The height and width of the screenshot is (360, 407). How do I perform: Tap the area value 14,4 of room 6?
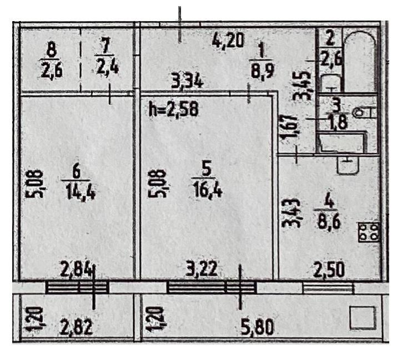(81, 192)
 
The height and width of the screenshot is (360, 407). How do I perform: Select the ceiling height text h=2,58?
(174, 109)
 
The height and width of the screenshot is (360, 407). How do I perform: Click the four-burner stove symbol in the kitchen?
(369, 232)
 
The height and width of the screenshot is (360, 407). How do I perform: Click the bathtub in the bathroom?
(359, 62)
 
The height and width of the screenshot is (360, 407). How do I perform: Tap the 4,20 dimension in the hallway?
(228, 40)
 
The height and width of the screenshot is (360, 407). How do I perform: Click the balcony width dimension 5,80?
(257, 327)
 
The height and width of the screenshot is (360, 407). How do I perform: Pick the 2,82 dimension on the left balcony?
(76, 327)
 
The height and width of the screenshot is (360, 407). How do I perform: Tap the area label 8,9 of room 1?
(262, 71)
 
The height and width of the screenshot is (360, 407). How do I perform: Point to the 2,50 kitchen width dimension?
(329, 270)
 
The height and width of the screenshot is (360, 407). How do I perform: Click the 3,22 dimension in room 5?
(202, 269)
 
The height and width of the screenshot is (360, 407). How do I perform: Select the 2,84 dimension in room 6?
(76, 269)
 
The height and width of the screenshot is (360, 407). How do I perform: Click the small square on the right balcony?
(363, 317)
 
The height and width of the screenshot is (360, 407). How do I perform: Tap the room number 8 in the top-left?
(52, 50)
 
